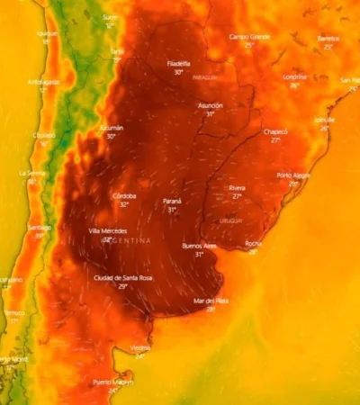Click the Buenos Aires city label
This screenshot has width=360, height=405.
point(199,245)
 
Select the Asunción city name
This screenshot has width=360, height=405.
point(211,105)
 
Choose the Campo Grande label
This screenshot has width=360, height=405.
point(247,37)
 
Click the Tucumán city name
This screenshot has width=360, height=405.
point(111,128)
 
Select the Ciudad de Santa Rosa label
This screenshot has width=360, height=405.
point(123,278)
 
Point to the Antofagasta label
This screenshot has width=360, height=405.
point(43,82)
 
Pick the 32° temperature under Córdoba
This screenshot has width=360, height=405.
point(124,204)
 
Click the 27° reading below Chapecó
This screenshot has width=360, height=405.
point(275,140)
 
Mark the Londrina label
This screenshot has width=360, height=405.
point(294,76)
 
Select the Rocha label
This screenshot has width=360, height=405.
point(254,243)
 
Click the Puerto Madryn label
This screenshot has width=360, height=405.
point(113,382)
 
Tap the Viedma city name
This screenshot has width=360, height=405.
point(139,347)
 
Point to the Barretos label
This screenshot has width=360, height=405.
point(328,39)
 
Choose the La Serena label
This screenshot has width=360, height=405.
point(32,173)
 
